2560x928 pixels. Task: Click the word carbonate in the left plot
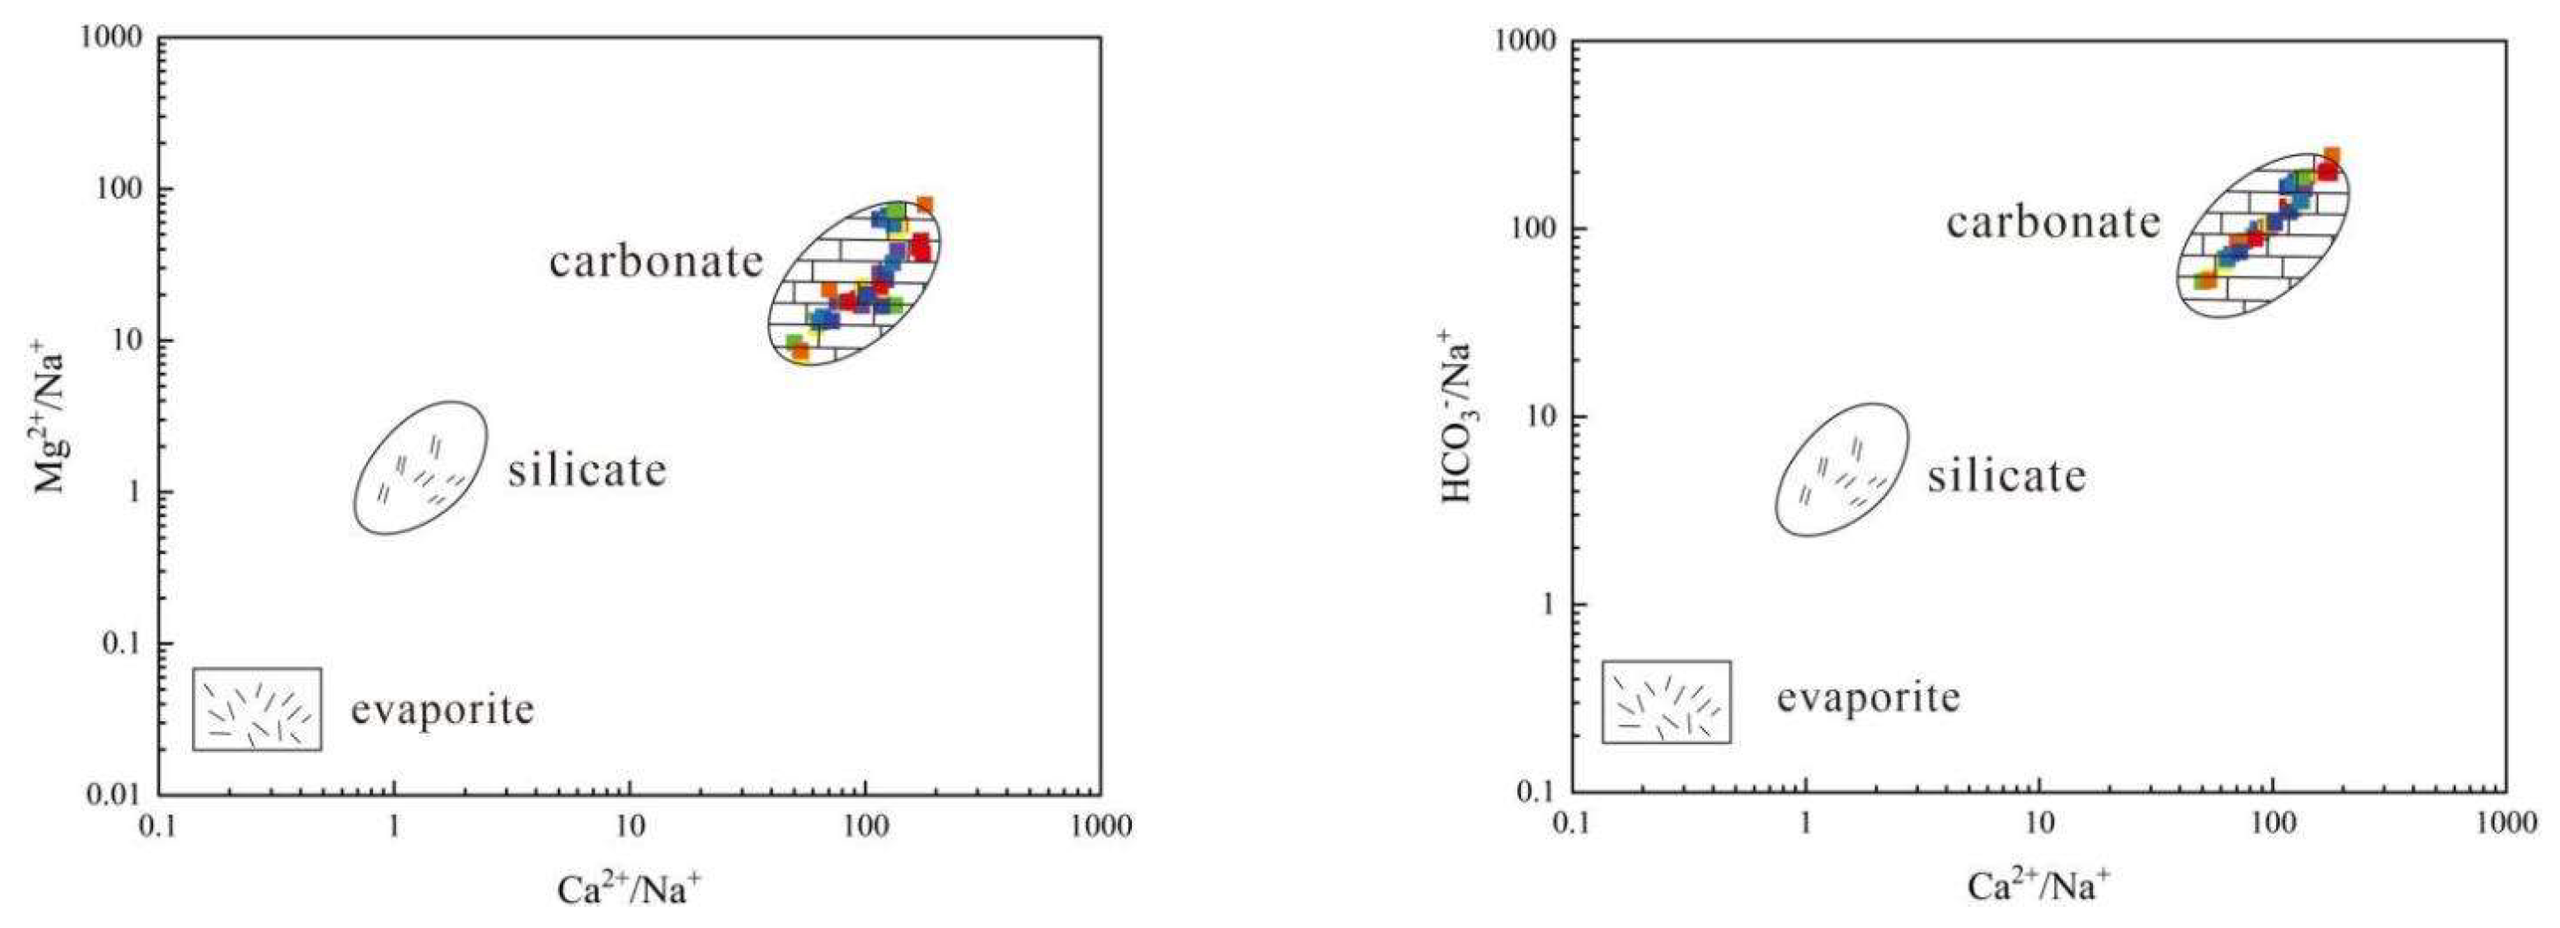[657, 262]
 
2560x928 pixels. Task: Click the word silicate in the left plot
[587, 470]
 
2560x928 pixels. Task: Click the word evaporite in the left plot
[442, 710]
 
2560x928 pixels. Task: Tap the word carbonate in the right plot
[2053, 222]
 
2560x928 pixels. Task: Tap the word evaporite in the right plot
[1868, 697]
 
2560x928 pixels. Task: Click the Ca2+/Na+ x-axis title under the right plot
[2039, 886]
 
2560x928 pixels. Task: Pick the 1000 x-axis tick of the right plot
[2504, 825]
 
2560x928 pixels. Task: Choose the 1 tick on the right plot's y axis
[1547, 605]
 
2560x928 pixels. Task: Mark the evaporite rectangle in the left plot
[256, 709]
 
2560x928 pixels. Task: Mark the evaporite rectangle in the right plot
[1667, 703]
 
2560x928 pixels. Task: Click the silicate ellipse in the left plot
[420, 468]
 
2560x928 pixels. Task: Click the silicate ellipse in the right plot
[1841, 470]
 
